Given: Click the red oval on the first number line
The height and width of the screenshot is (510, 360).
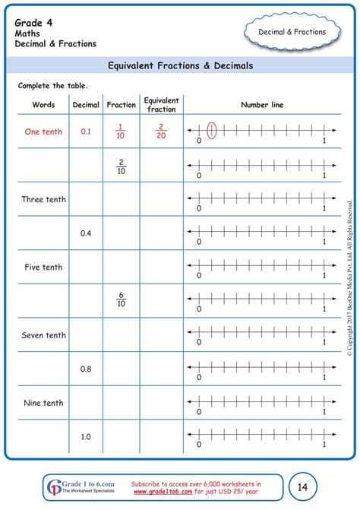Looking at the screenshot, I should pos(212,131).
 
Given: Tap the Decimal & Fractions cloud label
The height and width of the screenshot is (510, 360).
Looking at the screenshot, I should pos(292,32).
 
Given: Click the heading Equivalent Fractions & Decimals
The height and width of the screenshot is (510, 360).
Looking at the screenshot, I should pos(180,66).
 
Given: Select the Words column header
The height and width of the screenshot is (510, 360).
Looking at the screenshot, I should pos(43,104).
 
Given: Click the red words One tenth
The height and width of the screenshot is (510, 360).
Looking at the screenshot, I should pos(43,131).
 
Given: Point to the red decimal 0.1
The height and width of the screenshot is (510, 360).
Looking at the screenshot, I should pos(86,131).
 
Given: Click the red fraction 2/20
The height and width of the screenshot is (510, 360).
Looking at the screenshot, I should pos(161,131).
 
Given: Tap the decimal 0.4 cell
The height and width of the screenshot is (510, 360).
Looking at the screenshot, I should pos(86,233).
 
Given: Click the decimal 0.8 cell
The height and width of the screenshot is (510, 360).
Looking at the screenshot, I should pos(86,369).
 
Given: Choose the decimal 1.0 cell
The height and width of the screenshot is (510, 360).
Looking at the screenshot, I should pos(86,436).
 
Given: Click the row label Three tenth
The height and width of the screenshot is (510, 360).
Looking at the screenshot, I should pos(43,199).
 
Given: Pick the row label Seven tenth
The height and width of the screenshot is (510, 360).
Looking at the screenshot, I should pos(43,335).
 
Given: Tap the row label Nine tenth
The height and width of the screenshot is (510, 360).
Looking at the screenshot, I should pos(43,403).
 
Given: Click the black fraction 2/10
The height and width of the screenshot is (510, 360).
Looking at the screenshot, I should pos(121,165).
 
